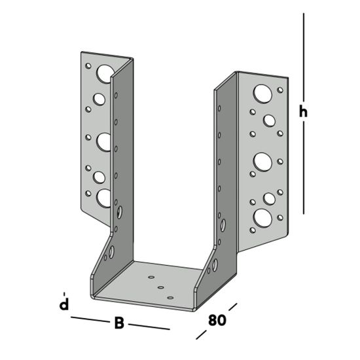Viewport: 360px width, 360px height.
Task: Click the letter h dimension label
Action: coord(303,112)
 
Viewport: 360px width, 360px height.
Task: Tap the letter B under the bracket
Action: coord(119,323)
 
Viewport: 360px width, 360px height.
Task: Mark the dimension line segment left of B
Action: coord(88,319)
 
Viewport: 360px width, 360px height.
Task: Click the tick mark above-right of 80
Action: coord(232,307)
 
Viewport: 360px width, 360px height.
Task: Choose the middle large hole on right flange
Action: coord(262,160)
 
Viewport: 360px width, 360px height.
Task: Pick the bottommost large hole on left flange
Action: coord(104,198)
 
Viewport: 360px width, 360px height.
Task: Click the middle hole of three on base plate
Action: coord(160,287)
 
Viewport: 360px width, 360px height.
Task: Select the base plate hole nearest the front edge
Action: coord(170,297)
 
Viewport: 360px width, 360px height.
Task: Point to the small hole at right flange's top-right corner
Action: coord(280,90)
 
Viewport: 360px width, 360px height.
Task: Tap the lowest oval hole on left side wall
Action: coord(111,252)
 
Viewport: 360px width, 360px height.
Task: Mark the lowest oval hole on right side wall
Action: coord(213,266)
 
